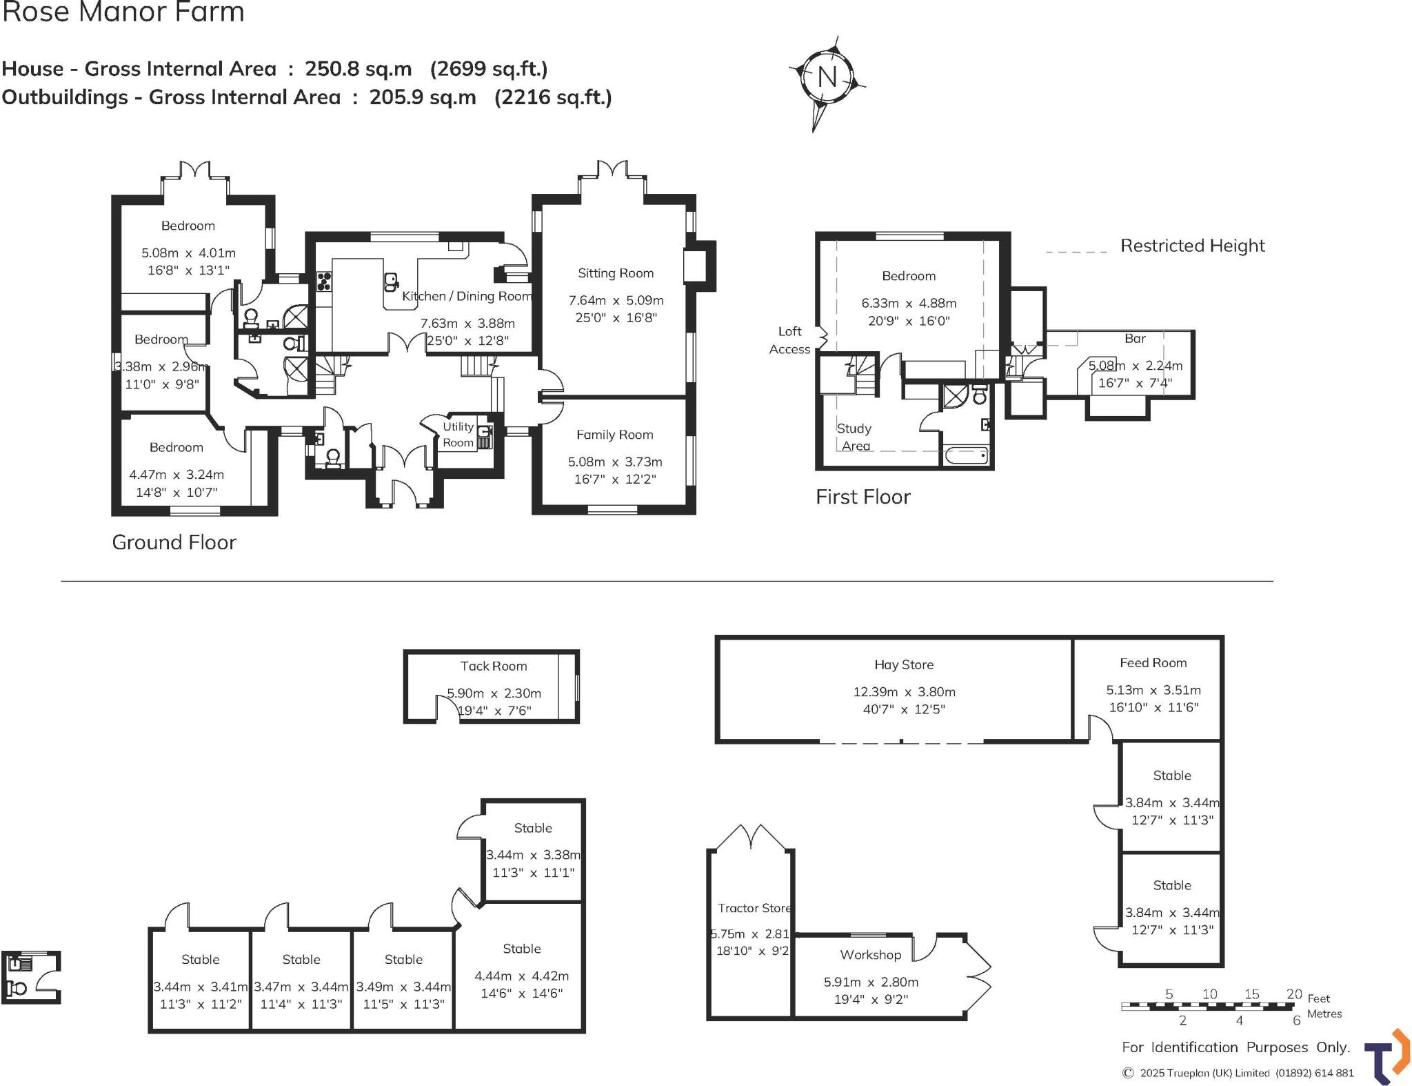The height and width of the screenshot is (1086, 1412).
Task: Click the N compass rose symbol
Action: pos(827,77)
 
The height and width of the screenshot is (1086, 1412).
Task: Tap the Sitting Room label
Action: pos(616,273)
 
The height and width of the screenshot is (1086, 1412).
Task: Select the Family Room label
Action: pos(614,435)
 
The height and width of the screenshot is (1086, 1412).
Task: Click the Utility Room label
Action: pos(458,435)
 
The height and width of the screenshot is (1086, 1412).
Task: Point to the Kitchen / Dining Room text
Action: pos(467,296)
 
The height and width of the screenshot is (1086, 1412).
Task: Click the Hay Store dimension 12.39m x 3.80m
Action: pos(904,691)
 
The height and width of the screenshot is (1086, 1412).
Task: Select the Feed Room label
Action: pos(1153,663)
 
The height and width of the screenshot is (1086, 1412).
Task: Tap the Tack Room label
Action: pos(494,666)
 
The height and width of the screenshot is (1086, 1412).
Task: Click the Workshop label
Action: pos(870,955)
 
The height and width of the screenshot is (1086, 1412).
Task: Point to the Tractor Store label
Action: pos(754,908)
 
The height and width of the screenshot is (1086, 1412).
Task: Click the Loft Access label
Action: pos(789,340)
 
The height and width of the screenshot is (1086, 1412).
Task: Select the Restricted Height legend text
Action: pos(1192,246)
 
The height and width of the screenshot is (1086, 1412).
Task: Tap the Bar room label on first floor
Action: pos(1135,339)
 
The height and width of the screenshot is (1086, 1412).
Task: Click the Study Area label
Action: pos(854,437)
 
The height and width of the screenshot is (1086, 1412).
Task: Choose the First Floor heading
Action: pos(863,497)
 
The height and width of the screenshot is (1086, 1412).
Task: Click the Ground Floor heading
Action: pos(174,542)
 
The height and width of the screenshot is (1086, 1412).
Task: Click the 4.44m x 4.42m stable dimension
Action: pos(521,976)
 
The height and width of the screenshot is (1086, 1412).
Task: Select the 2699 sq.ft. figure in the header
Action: pos(489,69)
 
